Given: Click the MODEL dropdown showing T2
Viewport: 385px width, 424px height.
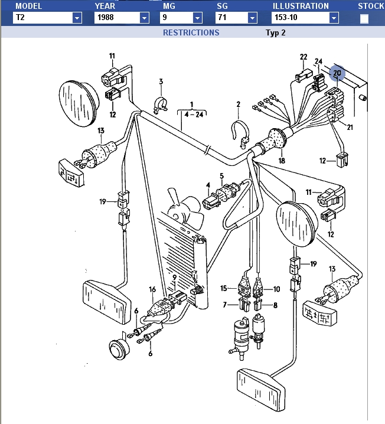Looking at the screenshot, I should pos(47,18).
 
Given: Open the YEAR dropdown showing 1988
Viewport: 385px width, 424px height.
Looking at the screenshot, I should pos(122,18).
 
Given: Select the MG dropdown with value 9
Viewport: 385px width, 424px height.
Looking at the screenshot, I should pos(183,18).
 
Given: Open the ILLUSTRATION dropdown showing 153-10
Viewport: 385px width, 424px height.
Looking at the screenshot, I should pos(305,18).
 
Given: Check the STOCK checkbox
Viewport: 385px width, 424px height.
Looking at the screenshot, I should pos(364,18).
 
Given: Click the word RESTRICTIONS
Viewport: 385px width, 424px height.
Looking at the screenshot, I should pos(191,32).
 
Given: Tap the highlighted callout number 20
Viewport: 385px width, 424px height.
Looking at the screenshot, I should pos(337,73).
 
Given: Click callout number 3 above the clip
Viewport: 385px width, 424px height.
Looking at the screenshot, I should pos(160,81).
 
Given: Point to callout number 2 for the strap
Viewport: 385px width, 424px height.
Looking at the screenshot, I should pos(239,105).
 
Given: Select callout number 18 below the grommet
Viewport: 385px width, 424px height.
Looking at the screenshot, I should pos(282,160).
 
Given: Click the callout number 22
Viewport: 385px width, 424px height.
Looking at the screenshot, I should pos(304,57).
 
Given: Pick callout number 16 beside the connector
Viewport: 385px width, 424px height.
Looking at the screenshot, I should pos(152,290).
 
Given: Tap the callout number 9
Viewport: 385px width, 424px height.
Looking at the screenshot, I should pos(174,277).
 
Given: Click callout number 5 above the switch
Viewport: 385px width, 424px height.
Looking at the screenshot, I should pos(221,176).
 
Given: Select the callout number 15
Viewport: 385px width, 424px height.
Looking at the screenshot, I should pos(224,288).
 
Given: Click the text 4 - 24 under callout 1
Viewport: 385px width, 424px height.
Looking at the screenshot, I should pos(192,115).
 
